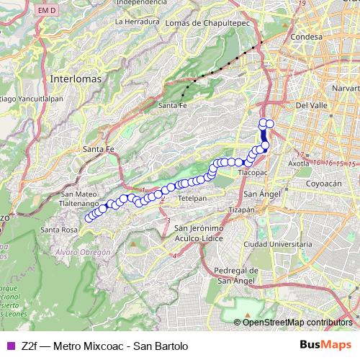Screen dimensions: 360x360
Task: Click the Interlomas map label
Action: pyautogui.click(x=76, y=76)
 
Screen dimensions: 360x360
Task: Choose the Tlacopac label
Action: pyautogui.click(x=253, y=174)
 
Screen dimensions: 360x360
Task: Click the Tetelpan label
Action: pyautogui.click(x=192, y=197)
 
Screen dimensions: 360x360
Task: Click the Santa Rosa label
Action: pyautogui.click(x=59, y=230)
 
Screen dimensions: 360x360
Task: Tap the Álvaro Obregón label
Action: pyautogui.click(x=83, y=252)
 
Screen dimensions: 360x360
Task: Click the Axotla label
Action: pyautogui.click(x=298, y=163)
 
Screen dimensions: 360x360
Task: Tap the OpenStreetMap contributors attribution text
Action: pyautogui.click(x=297, y=322)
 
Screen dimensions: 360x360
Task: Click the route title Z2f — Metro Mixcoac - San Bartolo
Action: pyautogui.click(x=104, y=346)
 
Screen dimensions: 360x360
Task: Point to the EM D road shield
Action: pyautogui.click(x=46, y=10)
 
